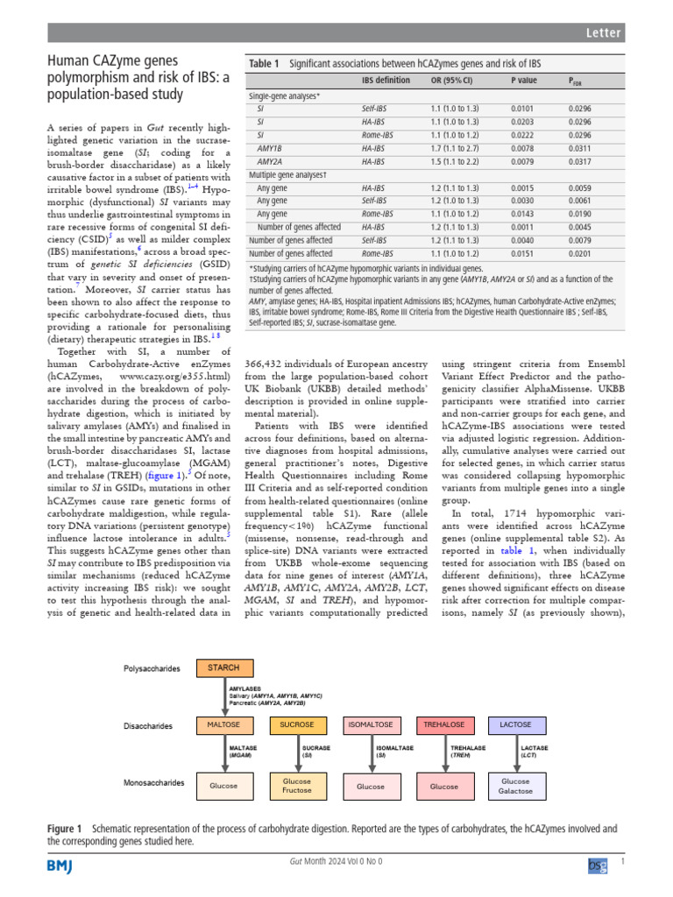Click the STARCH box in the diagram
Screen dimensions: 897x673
[x=223, y=667]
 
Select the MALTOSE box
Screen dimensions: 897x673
[x=223, y=725]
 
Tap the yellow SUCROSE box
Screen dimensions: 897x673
[x=297, y=725]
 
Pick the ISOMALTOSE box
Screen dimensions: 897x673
[x=370, y=725]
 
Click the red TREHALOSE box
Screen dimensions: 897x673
[x=443, y=725]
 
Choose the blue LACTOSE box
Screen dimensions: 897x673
[x=515, y=725]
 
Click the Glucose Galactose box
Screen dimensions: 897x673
[x=515, y=786]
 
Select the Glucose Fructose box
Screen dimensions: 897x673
[x=297, y=786]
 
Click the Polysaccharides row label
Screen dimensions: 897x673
[x=151, y=668]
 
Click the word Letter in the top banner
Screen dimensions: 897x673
[x=603, y=33]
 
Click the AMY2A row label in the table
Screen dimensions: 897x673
[x=269, y=161]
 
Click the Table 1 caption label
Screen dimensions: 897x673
[x=264, y=64]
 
